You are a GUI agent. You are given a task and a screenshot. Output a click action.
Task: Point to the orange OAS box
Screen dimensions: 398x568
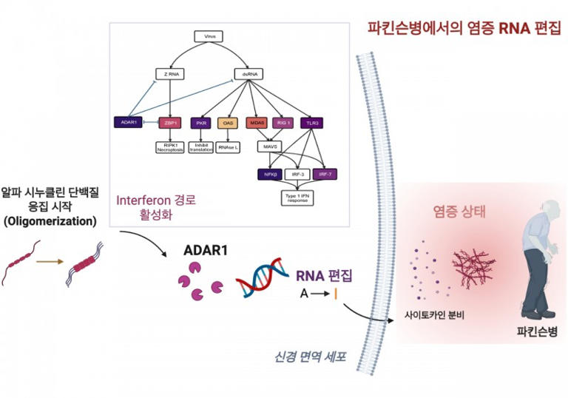coord(228,122)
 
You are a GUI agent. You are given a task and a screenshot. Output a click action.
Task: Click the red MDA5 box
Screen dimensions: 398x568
coord(257,122)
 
